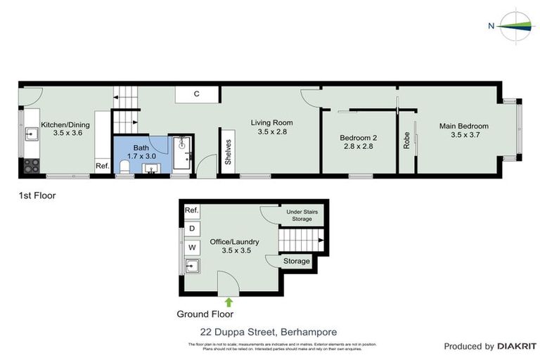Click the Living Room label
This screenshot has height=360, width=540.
coord(272,127)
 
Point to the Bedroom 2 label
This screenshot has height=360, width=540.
coord(358,142)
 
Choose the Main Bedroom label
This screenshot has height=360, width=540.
coord(463,131)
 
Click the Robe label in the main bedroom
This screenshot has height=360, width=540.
coord(406,140)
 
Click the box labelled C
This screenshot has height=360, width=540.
coord(197,94)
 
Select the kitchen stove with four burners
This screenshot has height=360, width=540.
coord(31,166)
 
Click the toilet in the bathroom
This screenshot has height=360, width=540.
coord(124,167)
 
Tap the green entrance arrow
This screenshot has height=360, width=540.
coord(228,302)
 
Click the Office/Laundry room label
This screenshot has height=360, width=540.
coord(234,245)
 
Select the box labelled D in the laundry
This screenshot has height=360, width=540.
coord(191,229)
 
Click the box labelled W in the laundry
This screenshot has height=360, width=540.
coord(191,247)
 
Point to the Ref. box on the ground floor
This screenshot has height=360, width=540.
coord(191,210)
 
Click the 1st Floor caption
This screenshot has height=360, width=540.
coord(37,195)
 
